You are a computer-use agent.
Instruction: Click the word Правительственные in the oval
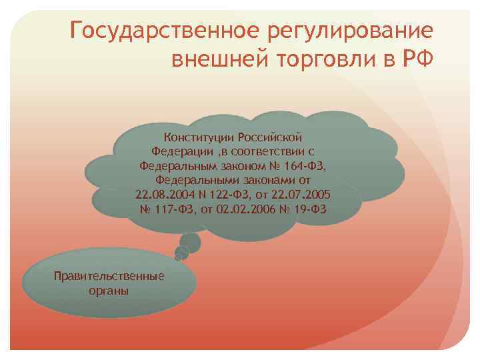pos(109,276)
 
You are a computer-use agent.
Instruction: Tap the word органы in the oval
pos(109,291)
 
